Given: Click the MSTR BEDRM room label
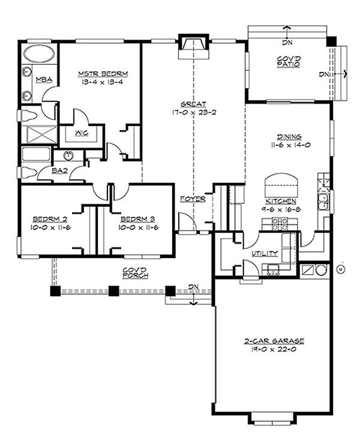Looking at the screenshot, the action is point(103,74).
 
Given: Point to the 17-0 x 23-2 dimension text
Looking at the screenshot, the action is point(194,112).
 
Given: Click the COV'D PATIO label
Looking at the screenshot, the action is point(289,62).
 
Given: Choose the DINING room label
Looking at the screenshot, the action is point(289,137).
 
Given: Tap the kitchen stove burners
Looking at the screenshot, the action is point(280,224).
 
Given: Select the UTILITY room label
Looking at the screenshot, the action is point(265,253).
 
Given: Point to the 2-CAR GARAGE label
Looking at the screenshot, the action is point(274,341).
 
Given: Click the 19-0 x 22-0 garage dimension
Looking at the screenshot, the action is point(274,349).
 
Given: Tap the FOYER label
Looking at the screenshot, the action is point(193,199).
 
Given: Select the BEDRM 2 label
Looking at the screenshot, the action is point(50,219).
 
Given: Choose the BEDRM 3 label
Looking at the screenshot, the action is point(138,219).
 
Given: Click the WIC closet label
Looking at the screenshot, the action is point(82,133).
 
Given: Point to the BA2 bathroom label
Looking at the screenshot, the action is point(59,171).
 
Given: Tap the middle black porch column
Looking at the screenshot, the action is point(114,291).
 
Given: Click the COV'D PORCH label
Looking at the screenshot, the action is point(136,272).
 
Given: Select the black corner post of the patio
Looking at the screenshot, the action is point(332,41).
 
